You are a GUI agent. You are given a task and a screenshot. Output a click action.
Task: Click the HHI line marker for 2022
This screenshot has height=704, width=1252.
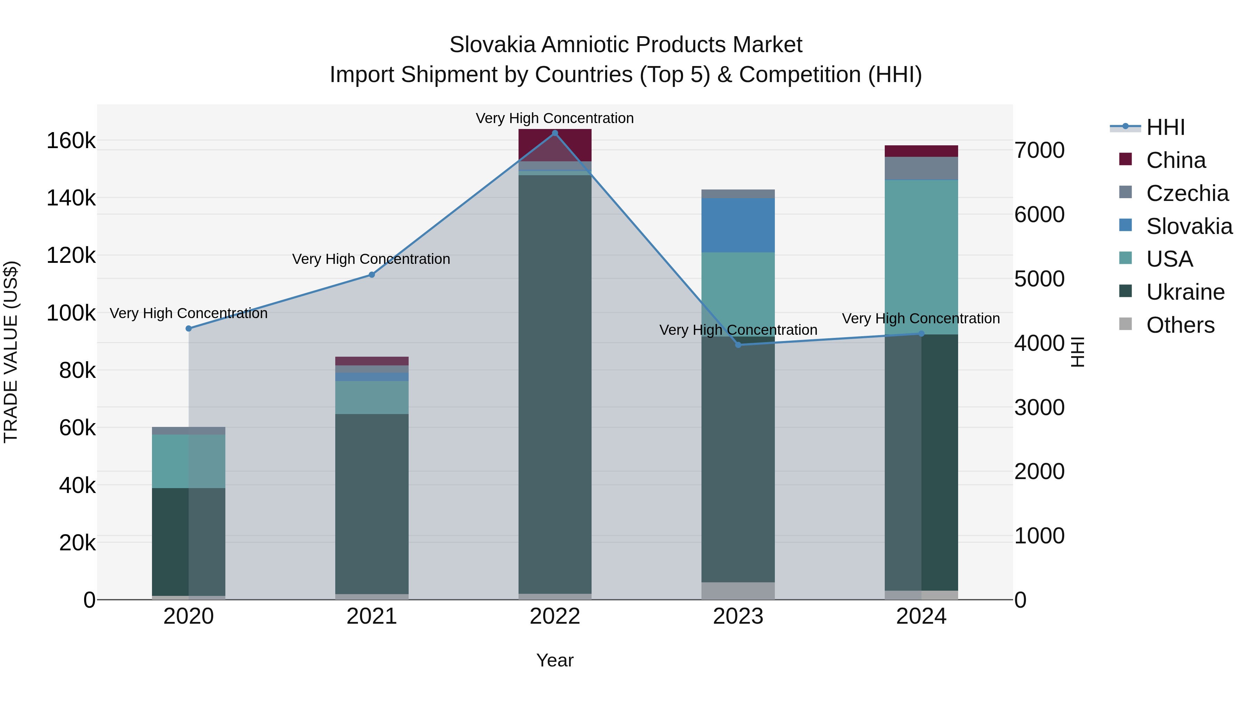pos(555,133)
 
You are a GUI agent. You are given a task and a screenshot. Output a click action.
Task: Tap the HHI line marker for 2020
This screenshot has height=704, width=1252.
pos(188,329)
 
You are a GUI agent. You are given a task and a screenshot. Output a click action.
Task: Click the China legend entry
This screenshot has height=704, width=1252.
pos(1175,160)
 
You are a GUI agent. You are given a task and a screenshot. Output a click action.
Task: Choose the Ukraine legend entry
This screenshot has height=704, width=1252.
pos(1185,292)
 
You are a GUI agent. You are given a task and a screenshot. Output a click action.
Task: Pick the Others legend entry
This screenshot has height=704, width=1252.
pos(1180,325)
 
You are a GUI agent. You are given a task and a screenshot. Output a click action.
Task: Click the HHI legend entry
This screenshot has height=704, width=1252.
pos(1165,127)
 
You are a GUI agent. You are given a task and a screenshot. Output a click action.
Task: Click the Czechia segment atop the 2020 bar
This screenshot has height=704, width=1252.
pos(188,430)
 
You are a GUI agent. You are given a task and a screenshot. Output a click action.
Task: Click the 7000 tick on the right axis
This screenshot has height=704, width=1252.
pos(1039,150)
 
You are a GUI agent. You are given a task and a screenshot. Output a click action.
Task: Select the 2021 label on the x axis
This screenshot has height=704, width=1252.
pos(372,616)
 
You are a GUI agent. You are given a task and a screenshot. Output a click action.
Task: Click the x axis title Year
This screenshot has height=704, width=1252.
pos(555,660)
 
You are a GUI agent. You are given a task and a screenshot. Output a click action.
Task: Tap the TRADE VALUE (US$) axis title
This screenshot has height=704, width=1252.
pos(11,352)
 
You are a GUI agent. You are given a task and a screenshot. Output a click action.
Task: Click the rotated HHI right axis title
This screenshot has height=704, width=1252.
pos(1077,352)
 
